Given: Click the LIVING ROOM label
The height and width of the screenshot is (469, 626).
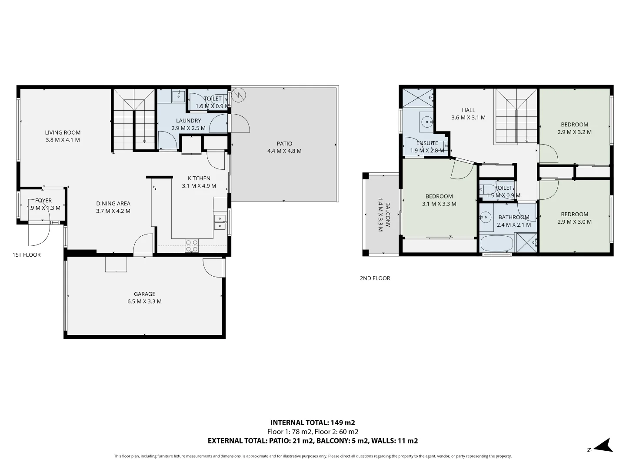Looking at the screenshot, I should (x=63, y=132).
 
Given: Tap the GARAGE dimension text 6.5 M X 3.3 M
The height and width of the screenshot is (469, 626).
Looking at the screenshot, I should (x=144, y=301).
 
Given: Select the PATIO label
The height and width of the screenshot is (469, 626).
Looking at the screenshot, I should (x=284, y=143).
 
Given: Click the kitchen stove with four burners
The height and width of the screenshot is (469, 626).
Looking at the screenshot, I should (x=192, y=246).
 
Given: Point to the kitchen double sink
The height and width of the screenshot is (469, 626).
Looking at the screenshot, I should (x=220, y=222).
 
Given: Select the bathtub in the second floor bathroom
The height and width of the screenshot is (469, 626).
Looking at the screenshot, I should (x=497, y=243).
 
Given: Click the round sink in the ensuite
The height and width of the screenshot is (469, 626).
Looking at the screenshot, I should (x=426, y=121).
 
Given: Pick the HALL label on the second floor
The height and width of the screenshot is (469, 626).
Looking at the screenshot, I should (x=468, y=110).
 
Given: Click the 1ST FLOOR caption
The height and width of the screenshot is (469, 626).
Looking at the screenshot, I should (x=27, y=255).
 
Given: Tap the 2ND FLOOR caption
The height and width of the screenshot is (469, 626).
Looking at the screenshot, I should (x=375, y=278).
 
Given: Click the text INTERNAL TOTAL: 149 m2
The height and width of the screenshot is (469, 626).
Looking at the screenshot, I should (x=313, y=423).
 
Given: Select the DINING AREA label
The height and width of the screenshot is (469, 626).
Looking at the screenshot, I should (x=113, y=203).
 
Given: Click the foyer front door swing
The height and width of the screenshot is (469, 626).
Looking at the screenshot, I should (x=38, y=234).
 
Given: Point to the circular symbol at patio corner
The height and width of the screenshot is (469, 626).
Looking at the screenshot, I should (x=239, y=94).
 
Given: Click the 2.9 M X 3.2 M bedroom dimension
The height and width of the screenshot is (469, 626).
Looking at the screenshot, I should (x=574, y=132).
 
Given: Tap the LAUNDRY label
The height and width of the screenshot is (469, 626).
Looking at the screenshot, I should (x=188, y=121).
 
